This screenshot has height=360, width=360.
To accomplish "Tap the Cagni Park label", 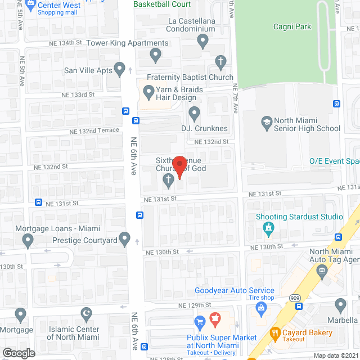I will (292, 26).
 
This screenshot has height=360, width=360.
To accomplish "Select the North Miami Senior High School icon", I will (267, 121).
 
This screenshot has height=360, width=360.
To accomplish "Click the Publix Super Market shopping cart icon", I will (199, 322).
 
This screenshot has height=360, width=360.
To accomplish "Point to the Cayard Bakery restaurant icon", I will (275, 332).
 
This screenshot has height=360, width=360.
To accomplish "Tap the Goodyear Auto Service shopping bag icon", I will (261, 307).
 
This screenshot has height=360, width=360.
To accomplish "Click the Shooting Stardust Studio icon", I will (268, 228).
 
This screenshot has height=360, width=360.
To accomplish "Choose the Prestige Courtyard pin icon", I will (125, 238).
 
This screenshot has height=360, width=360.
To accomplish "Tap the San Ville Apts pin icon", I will (119, 69).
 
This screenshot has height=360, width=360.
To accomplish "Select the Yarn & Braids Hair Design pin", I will (148, 91).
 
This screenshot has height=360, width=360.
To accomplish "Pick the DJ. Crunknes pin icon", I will (194, 113).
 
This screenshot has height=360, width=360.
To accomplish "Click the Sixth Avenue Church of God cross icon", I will (168, 181).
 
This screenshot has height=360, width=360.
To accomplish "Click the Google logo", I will (19, 353).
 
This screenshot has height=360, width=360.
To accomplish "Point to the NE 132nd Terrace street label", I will (94, 130).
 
